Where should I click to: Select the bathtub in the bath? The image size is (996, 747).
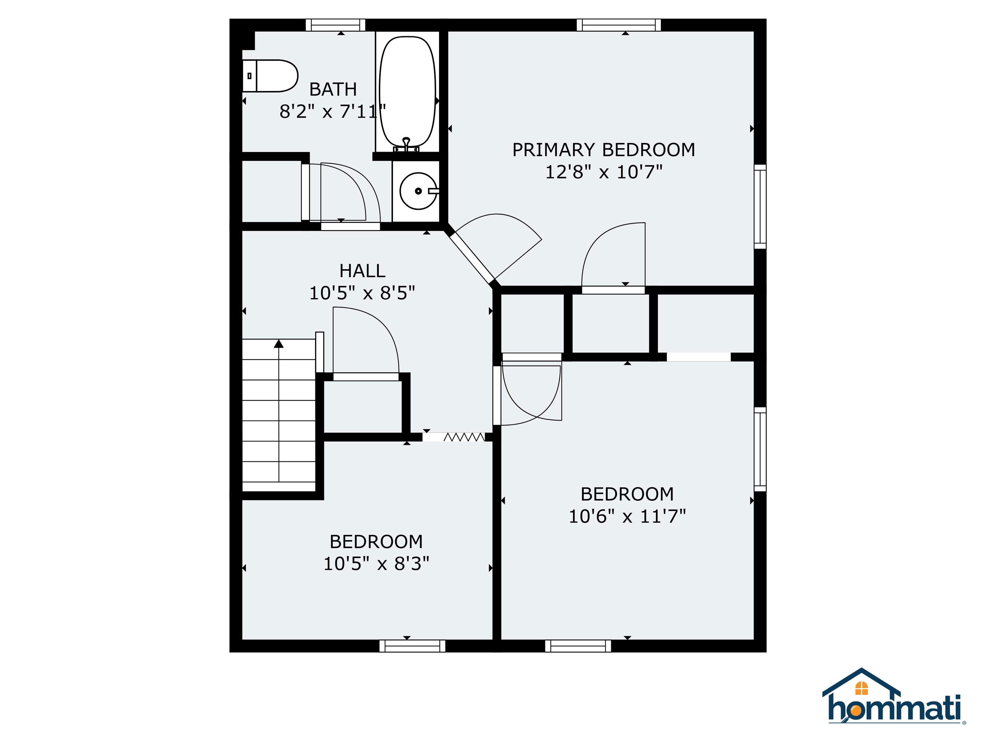click(408, 92)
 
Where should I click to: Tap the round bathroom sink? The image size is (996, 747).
click(418, 191)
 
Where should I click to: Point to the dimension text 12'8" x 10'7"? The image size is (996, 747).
click(603, 172)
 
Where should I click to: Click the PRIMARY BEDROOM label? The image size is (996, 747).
click(603, 149)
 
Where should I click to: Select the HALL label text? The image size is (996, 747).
click(362, 271)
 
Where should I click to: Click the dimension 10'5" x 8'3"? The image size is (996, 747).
click(376, 563)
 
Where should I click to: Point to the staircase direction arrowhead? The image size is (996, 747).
click(279, 344)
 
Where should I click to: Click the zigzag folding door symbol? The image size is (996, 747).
click(464, 437)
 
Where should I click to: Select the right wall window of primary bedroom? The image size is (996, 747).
click(760, 206)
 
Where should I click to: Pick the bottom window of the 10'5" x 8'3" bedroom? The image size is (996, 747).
click(412, 646)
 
